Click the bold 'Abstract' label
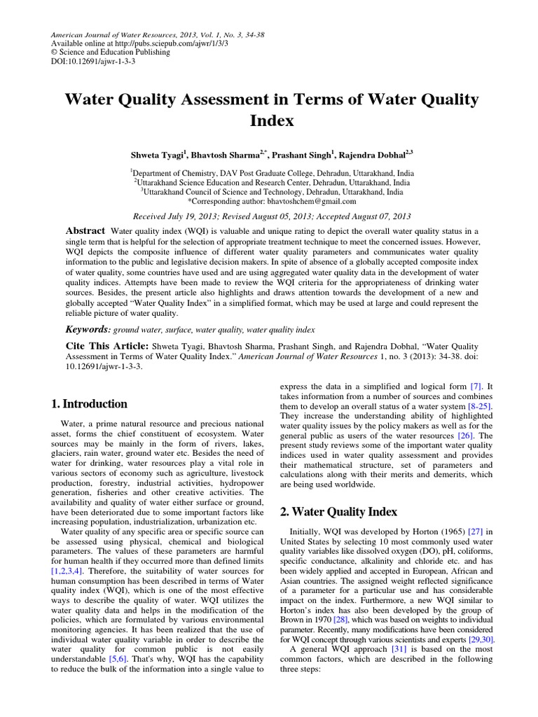tap(85, 231)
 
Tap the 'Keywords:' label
tap(88, 329)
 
